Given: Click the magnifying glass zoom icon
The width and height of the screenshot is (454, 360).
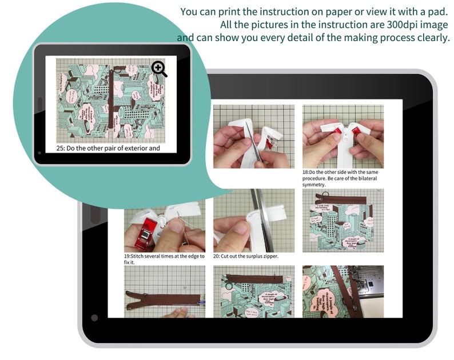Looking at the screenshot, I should (160, 69).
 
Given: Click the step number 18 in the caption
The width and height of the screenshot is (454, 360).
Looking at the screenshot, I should (305, 172).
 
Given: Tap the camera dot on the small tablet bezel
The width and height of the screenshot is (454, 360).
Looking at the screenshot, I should (39, 153).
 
